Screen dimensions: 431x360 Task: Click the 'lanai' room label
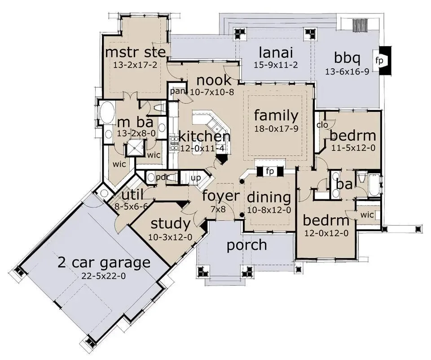[276, 52]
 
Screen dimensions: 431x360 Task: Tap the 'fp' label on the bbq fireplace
[379, 61]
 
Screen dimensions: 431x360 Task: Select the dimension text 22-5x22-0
[104, 276]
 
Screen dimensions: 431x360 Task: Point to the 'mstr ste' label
[136, 52]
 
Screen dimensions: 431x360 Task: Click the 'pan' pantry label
[177, 91]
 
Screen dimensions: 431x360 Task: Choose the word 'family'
[276, 115]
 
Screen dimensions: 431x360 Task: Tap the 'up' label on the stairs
[196, 178]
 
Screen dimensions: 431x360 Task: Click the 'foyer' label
[221, 196]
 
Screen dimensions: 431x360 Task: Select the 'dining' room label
[269, 198]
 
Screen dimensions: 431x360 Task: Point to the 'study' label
[171, 224]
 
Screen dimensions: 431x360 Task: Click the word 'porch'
[247, 245]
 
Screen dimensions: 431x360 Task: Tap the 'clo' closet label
[322, 125]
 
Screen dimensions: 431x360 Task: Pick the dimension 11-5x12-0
[353, 148]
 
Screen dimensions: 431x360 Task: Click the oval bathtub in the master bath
[106, 114]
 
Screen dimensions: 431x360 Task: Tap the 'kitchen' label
[205, 136]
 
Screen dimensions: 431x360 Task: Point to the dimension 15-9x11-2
[276, 65]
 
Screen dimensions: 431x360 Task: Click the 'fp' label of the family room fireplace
[270, 171]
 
